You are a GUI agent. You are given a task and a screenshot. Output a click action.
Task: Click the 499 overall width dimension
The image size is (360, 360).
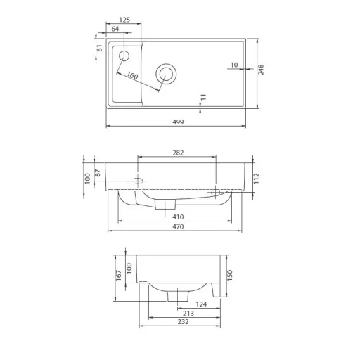point(178,122)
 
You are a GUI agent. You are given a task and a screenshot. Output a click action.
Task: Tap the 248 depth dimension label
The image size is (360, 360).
point(261,70)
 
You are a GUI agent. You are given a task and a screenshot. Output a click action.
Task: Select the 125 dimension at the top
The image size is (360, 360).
point(124,20)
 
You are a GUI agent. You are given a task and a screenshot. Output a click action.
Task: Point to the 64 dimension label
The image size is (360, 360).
point(115,29)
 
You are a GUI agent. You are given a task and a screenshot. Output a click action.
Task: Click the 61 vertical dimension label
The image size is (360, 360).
point(100,48)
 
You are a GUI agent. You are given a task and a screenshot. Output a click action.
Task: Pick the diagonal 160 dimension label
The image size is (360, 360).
point(132,75)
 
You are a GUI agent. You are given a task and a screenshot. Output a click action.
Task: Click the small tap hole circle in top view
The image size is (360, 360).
point(124,56)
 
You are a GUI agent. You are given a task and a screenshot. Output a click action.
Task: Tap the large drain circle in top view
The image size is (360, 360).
point(166,74)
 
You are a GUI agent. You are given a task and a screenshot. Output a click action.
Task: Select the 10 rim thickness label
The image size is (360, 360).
point(234,65)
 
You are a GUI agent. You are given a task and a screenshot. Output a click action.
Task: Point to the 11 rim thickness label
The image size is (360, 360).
point(203,97)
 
